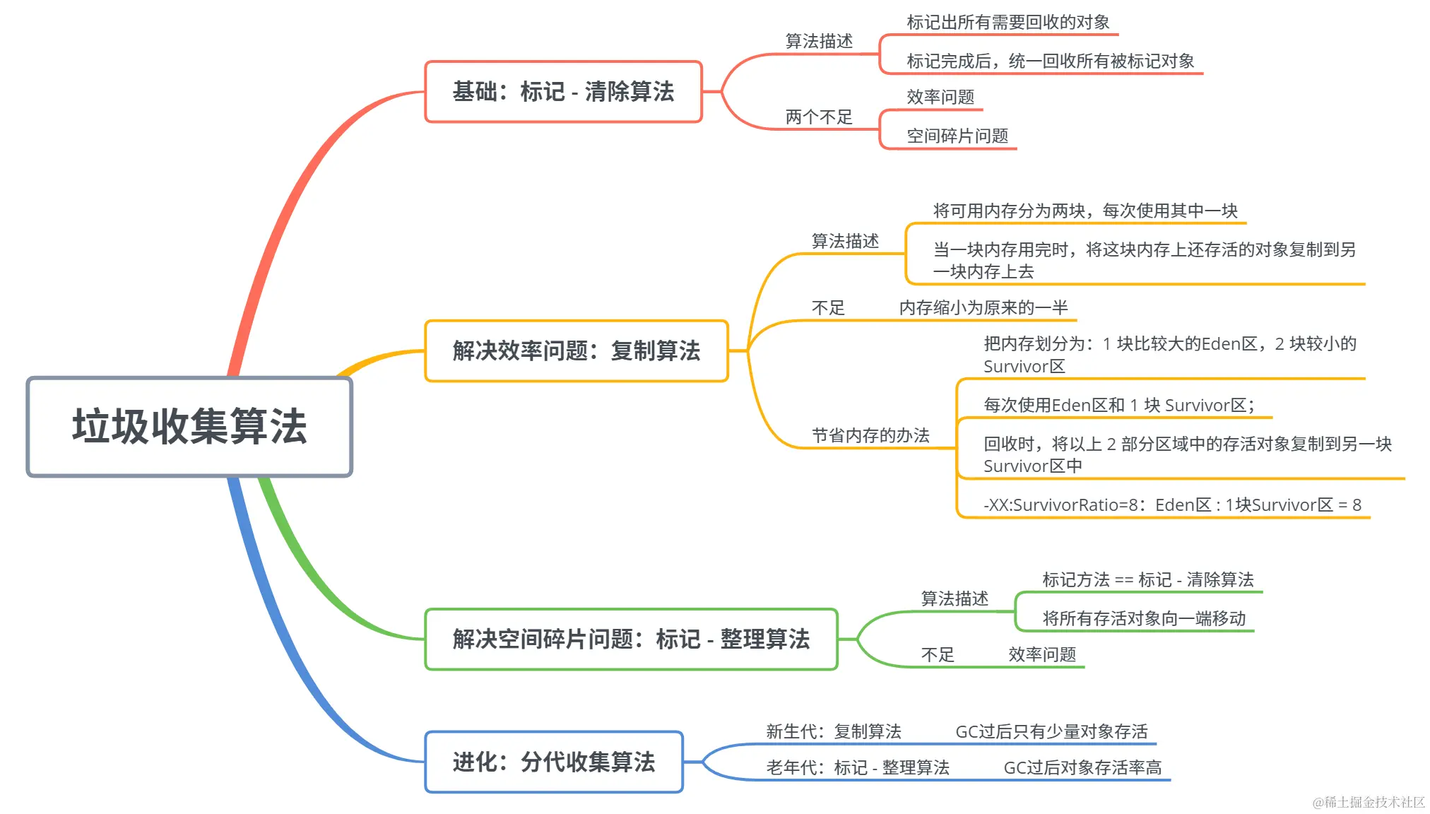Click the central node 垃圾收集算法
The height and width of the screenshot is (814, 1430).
click(x=189, y=427)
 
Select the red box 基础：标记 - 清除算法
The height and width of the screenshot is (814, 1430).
click(x=563, y=92)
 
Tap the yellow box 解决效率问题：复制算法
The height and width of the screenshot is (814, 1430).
click(x=576, y=351)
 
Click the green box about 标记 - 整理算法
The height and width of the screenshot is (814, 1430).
click(x=631, y=639)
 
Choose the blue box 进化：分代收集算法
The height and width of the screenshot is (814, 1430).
click(x=554, y=762)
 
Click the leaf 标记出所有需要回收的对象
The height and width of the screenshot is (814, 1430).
click(x=1008, y=23)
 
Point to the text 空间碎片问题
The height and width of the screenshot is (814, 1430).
click(x=957, y=136)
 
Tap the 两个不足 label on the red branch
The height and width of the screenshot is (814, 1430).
click(x=819, y=117)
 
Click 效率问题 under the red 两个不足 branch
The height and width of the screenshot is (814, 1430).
click(x=940, y=97)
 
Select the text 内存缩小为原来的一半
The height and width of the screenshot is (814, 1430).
click(x=983, y=308)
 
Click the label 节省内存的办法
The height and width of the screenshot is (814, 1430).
click(x=870, y=435)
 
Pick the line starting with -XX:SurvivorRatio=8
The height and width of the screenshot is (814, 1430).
click(x=1172, y=505)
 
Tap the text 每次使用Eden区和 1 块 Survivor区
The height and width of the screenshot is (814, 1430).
click(x=1118, y=406)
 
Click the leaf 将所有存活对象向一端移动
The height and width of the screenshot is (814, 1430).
click(x=1144, y=619)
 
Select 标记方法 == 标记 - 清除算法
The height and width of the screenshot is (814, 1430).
click(x=1147, y=580)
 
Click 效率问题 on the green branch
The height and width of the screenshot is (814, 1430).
click(x=1042, y=654)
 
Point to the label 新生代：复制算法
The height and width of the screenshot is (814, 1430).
click(x=834, y=732)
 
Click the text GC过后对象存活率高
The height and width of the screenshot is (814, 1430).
click(x=1082, y=768)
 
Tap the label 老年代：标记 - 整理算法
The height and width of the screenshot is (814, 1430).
click(x=858, y=768)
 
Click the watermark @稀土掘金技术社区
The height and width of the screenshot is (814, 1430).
click(x=1369, y=802)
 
